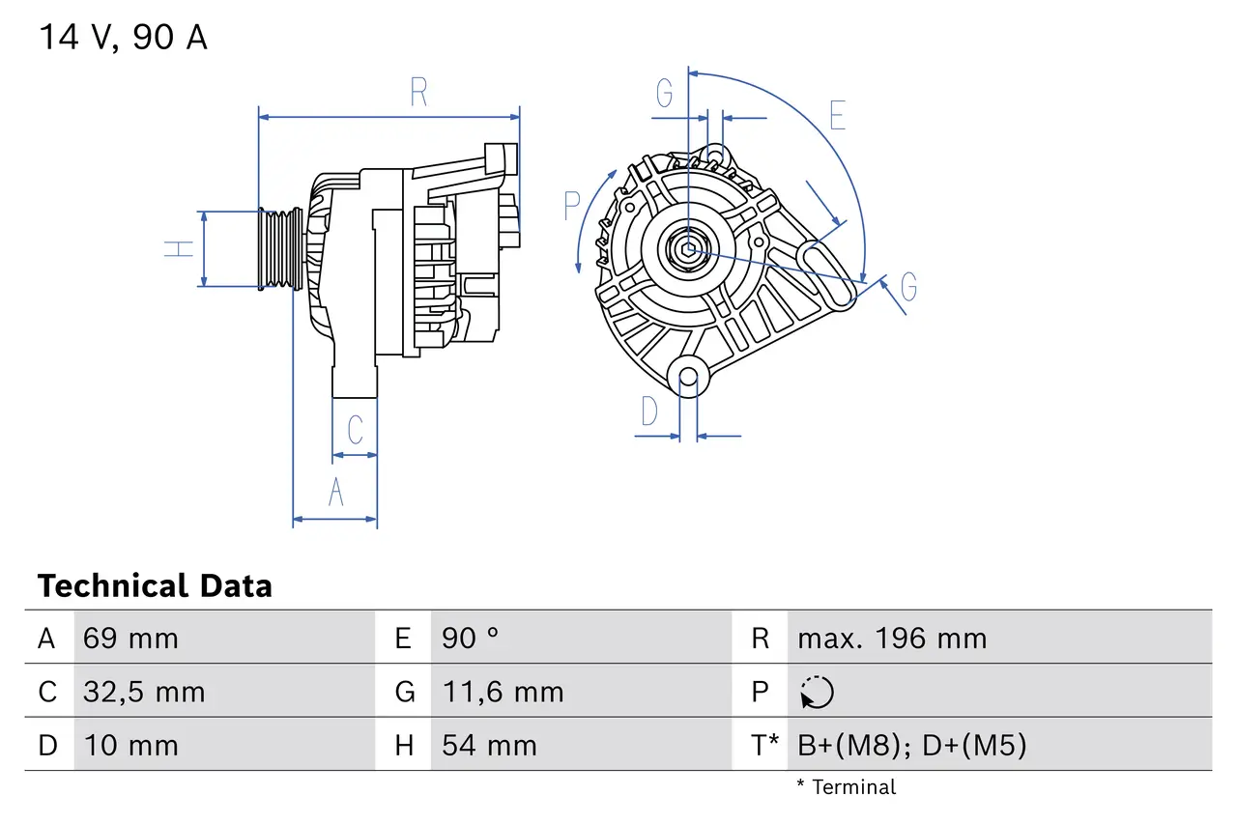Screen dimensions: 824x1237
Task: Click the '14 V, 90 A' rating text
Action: (x=123, y=38)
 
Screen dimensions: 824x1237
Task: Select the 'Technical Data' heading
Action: (x=155, y=585)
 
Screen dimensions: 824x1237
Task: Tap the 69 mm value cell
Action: (x=130, y=639)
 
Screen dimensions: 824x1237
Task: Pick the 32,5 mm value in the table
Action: (x=144, y=692)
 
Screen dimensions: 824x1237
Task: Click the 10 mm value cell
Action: (x=130, y=746)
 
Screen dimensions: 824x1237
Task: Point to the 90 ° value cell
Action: (x=471, y=639)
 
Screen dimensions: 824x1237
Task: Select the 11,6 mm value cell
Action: (x=503, y=692)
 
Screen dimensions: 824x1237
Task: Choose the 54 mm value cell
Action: (x=489, y=746)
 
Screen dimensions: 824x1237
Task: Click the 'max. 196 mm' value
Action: (x=892, y=639)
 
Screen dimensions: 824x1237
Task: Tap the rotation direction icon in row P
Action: (x=817, y=693)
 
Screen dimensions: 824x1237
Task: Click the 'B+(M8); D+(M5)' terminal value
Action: (x=911, y=746)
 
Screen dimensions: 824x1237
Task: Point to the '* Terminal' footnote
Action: (x=846, y=787)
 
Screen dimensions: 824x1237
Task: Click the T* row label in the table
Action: (x=764, y=746)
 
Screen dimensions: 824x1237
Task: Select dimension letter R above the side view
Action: (x=417, y=93)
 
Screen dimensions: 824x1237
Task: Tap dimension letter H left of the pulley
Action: (x=179, y=248)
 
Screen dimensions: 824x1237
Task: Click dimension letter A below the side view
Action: (x=335, y=492)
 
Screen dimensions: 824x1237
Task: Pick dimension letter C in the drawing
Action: (x=355, y=429)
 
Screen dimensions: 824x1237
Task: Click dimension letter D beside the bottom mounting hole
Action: (x=649, y=412)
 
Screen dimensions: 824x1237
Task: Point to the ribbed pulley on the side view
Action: (x=276, y=249)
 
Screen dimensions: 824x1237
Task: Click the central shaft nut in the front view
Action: (x=687, y=250)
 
